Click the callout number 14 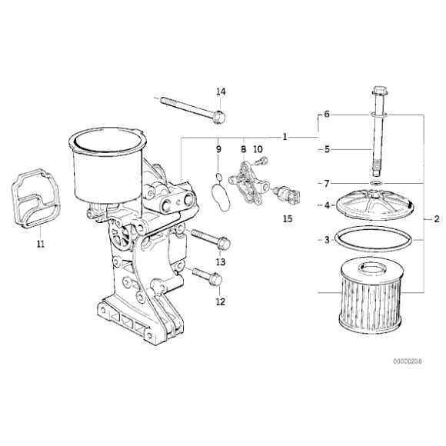[x=221, y=92]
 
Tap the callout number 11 [x=40, y=245]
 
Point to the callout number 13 [x=220, y=262]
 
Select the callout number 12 [x=220, y=301]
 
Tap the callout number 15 [x=287, y=219]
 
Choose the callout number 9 [x=218, y=148]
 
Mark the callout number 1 [x=285, y=137]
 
